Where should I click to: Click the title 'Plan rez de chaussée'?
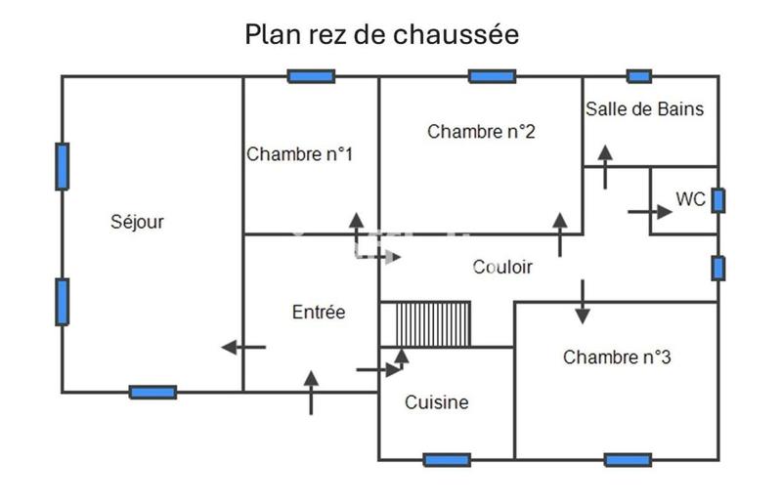tap(381, 35)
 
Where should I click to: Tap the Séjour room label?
tap(137, 222)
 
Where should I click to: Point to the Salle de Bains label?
tap(644, 108)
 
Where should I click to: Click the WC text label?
tap(690, 199)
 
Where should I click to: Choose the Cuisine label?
tap(437, 402)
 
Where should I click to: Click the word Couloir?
tap(502, 267)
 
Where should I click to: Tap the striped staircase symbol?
tap(425, 324)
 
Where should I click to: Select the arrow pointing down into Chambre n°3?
tap(583, 302)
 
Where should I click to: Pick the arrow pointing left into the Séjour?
tap(243, 347)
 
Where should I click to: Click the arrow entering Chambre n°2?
tap(560, 234)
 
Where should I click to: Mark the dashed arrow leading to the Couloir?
tap(374, 256)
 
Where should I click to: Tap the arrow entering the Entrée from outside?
tap(312, 392)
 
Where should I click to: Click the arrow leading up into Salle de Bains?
tap(605, 167)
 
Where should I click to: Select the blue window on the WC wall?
tap(717, 200)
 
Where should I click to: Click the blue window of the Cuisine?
tap(447, 459)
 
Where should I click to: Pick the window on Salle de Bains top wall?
tap(638, 76)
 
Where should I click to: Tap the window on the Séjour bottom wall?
tap(153, 393)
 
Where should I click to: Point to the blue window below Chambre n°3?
tap(628, 459)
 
